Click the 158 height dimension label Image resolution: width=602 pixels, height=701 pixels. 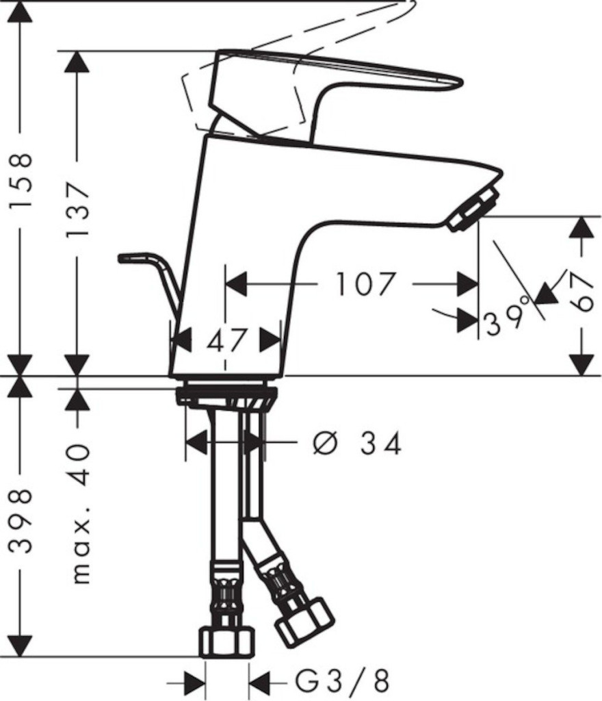[21, 180]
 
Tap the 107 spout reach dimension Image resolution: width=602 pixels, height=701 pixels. [365, 284]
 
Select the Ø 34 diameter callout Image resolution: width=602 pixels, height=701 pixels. [357, 444]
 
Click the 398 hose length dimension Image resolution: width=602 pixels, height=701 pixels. [21, 521]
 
